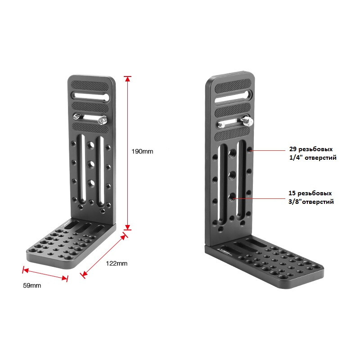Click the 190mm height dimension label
(143, 152)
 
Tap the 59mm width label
(32, 285)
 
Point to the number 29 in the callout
(293, 149)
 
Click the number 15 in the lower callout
(293, 193)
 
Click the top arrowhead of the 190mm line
(127, 79)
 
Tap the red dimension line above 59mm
(45, 274)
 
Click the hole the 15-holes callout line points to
(232, 197)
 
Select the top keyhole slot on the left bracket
(89, 95)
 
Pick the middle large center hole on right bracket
(232, 175)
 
